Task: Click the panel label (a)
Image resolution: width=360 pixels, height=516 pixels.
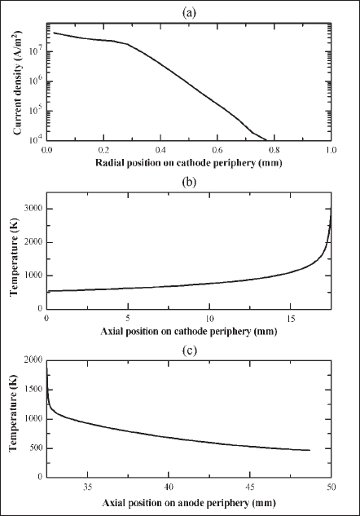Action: (x=189, y=13)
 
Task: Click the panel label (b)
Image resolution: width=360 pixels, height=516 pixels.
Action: (x=189, y=183)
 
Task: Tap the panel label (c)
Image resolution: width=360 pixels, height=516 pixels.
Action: (x=189, y=351)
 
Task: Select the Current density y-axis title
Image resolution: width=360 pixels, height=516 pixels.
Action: (x=18, y=82)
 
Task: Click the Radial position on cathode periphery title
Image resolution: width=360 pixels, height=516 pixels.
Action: (x=189, y=163)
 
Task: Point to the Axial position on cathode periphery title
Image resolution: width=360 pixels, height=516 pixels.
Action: (x=189, y=332)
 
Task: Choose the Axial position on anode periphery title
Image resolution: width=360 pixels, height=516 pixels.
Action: (x=189, y=503)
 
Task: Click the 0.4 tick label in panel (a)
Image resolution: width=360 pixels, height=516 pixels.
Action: (x=160, y=150)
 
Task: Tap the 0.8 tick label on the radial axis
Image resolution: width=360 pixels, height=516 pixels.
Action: (x=274, y=150)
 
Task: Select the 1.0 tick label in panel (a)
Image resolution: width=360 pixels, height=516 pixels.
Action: (x=331, y=150)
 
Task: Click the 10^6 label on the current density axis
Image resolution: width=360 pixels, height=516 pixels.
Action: (x=37, y=81)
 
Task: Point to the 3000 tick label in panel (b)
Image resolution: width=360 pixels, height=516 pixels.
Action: (x=34, y=209)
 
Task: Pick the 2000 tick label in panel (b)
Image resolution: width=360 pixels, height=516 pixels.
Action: (x=34, y=242)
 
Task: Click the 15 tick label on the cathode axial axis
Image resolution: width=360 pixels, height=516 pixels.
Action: (x=291, y=319)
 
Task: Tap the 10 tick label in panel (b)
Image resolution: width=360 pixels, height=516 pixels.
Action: (x=209, y=319)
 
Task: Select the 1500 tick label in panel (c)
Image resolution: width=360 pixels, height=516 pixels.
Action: (x=34, y=390)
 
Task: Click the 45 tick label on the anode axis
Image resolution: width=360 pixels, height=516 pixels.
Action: (x=250, y=487)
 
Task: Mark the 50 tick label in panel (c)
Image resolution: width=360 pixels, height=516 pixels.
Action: (x=331, y=487)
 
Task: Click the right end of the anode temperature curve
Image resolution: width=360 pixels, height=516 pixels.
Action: (x=310, y=450)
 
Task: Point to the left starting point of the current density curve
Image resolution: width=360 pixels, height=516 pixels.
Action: (x=54, y=33)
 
